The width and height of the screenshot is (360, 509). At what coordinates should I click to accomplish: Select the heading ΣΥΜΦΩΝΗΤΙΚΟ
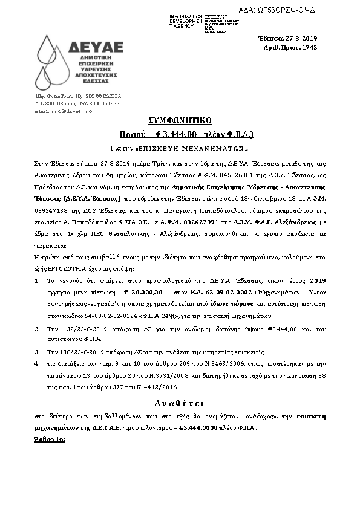coord(180,119)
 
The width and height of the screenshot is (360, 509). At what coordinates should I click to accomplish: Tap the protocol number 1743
coord(309,47)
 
